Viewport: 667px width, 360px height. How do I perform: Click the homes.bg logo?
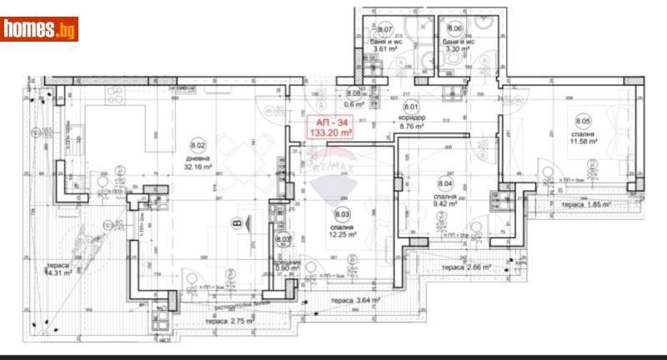tap(40, 30)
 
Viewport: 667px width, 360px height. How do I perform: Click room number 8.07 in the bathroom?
tap(385, 31)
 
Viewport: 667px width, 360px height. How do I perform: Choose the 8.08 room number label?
tap(354, 93)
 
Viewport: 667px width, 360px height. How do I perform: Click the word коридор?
tap(411, 118)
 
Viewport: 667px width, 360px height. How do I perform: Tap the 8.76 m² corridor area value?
tap(411, 127)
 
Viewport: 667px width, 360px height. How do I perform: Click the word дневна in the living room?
tap(198, 157)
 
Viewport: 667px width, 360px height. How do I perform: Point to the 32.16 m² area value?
tap(198, 166)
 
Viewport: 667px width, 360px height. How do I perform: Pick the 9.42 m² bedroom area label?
tap(445, 201)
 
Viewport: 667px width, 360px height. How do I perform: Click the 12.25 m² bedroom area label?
tap(342, 234)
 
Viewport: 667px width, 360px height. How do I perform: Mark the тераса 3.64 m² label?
tap(355, 300)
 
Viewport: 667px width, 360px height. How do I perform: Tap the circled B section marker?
tap(238, 222)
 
